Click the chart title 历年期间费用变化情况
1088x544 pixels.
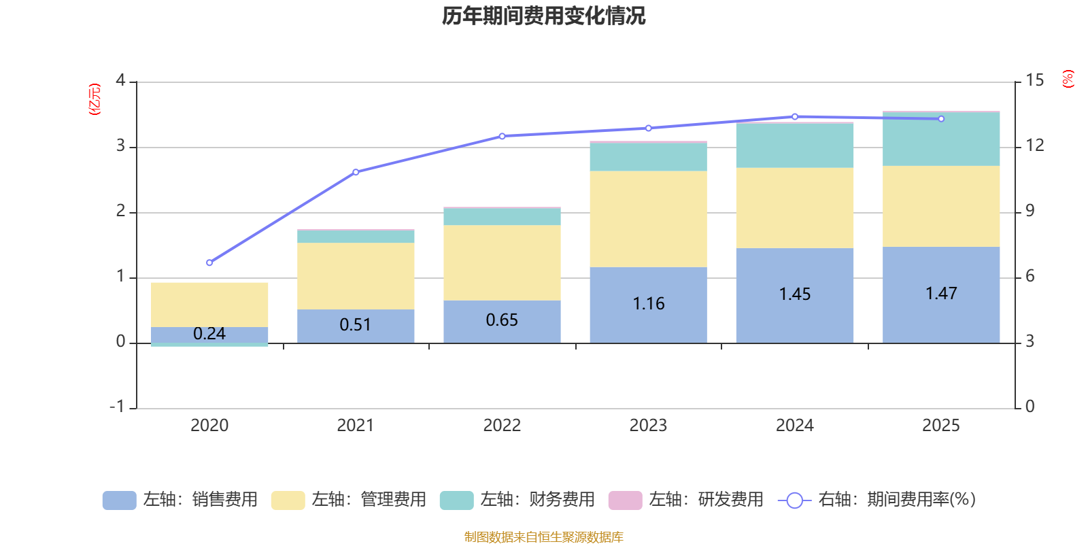point(543,16)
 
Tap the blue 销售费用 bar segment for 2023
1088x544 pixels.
point(649,305)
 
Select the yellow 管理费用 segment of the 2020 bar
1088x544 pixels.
point(209,305)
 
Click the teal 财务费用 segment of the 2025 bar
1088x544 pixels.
point(941,139)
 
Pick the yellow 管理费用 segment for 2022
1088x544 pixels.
point(502,262)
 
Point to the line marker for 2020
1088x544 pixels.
point(209,262)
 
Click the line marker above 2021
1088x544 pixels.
point(356,172)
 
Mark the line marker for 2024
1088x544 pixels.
point(795,116)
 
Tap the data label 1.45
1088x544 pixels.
point(795,294)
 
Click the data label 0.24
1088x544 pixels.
point(209,334)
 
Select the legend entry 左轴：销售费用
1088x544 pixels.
point(180,500)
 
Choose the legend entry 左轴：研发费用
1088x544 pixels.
point(686,500)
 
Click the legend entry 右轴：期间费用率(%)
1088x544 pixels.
point(877,500)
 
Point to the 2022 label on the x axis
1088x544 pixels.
point(502,426)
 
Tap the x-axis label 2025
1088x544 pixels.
point(941,426)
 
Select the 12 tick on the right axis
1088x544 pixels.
point(1034,146)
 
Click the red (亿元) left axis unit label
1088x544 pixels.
point(95,99)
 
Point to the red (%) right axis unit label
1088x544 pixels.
point(1068,79)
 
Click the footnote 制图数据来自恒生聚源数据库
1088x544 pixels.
point(543,537)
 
